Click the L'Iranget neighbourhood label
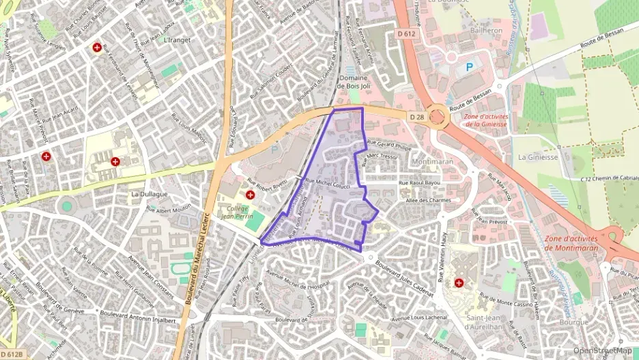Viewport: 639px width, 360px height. [x=177, y=40]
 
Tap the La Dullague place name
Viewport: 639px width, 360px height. [x=149, y=194]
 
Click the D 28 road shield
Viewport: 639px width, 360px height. [x=417, y=117]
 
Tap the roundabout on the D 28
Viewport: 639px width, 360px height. [x=438, y=117]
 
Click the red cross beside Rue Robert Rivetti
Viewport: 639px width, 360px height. [x=251, y=195]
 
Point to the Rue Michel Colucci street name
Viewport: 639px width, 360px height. [x=328, y=184]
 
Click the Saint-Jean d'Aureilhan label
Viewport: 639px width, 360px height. [x=466, y=322]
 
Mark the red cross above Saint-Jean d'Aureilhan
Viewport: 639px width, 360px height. [x=459, y=281]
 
